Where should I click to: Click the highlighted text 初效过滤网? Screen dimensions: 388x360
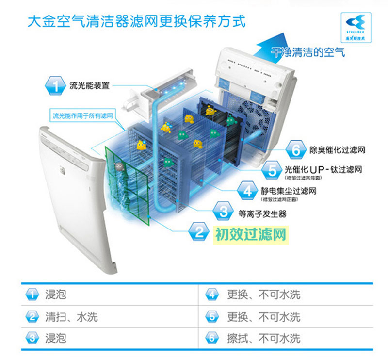click(250, 235)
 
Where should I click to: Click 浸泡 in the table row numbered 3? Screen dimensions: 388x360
click(55, 338)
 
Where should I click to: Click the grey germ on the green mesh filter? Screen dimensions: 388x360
click(118, 167)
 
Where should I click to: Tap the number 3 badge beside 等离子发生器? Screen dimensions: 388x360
click(223, 212)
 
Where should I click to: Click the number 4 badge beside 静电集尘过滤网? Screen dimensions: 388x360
click(247, 191)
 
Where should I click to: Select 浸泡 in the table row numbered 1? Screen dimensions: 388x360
click(55, 295)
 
